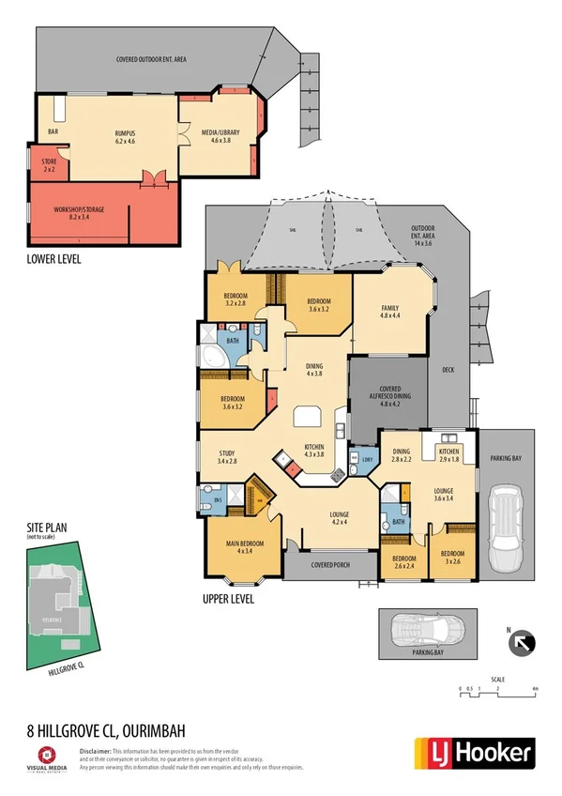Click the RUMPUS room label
(125, 137)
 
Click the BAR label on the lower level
(53, 132)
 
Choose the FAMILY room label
(389, 312)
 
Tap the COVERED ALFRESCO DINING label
(388, 395)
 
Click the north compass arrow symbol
(523, 644)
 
